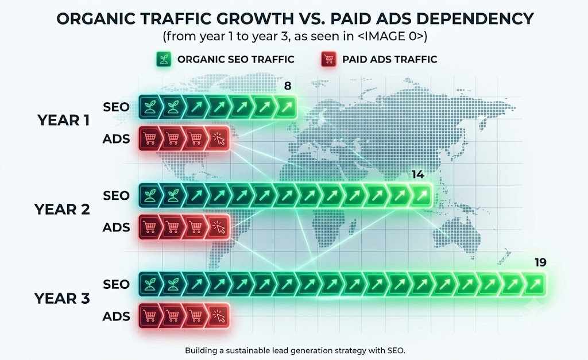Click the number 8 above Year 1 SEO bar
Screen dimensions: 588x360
pos(288,86)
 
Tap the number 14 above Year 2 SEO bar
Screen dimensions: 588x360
pos(418,175)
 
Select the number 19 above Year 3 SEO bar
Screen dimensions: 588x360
pos(540,262)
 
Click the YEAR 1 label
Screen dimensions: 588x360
pos(63,121)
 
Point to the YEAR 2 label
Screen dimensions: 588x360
pos(62,209)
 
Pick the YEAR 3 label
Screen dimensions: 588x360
pos(62,299)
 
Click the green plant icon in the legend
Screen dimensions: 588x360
pos(164,59)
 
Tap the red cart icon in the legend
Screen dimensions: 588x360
pos(328,59)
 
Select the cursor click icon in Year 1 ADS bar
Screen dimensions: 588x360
pos(219,139)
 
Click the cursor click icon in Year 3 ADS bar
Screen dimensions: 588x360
pos(219,316)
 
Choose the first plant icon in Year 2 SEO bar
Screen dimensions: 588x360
pos(150,195)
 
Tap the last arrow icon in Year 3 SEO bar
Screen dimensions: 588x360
pos(535,284)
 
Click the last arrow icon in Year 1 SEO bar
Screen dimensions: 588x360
pos(287,107)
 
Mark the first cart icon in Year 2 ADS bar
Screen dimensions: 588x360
pos(150,227)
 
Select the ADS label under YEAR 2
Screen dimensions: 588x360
pos(116,227)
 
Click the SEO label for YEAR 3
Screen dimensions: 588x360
pos(116,284)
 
